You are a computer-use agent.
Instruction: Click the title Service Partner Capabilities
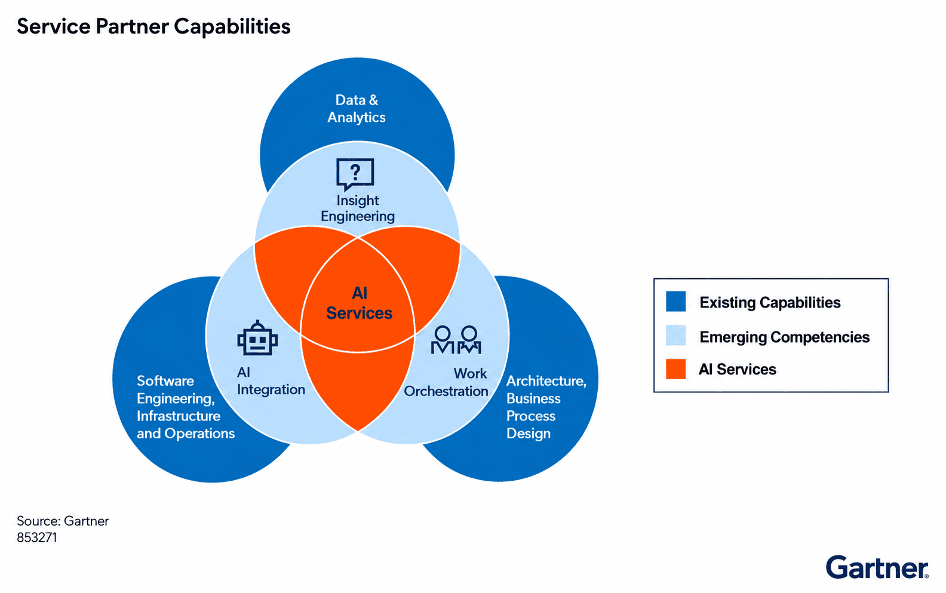click(x=153, y=27)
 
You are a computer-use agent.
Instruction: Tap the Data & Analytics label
click(x=357, y=109)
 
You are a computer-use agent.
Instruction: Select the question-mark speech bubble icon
click(x=355, y=174)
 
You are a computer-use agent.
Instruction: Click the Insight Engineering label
click(x=357, y=208)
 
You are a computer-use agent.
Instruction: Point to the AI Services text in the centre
click(x=360, y=303)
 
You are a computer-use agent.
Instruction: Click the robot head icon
click(x=257, y=338)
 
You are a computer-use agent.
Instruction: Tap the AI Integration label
click(x=271, y=381)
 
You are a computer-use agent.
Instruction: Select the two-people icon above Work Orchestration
click(x=456, y=340)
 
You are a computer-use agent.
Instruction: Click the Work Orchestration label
click(x=446, y=382)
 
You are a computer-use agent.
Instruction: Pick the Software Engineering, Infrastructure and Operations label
click(x=185, y=407)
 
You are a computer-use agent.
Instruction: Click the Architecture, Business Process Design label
click(x=546, y=407)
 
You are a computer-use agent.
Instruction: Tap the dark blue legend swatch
click(x=675, y=302)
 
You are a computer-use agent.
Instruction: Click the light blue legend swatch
click(x=675, y=336)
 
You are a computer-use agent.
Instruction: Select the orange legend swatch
click(x=675, y=369)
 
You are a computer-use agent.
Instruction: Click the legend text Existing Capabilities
click(x=770, y=302)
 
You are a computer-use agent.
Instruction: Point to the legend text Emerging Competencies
click(x=785, y=337)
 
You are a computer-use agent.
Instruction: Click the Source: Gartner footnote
click(x=63, y=521)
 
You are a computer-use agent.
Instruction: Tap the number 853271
click(x=37, y=537)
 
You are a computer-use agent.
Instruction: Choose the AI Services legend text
click(x=738, y=369)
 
